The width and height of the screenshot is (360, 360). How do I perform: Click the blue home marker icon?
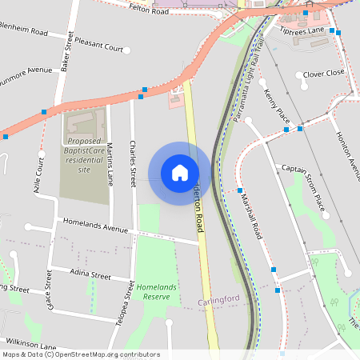click(180, 173)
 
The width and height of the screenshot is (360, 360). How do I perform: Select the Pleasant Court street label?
click(99, 48)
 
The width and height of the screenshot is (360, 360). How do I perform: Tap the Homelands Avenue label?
click(94, 228)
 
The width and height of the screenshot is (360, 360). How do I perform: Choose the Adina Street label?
click(90, 275)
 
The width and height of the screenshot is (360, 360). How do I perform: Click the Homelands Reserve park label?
click(154, 291)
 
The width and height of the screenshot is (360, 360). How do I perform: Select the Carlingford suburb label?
click(219, 300)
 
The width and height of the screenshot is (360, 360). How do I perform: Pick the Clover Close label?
click(324, 73)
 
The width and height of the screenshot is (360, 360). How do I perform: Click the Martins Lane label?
click(110, 162)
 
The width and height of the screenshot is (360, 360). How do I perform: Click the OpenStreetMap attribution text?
click(80, 354)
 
